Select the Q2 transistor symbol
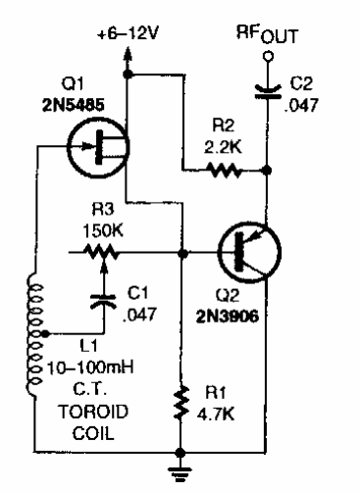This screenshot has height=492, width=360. coord(241,252)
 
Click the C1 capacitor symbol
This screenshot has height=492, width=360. coord(99,300)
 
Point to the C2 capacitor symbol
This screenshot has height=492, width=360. coord(266,90)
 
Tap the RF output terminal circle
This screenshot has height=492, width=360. coord(266,57)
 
